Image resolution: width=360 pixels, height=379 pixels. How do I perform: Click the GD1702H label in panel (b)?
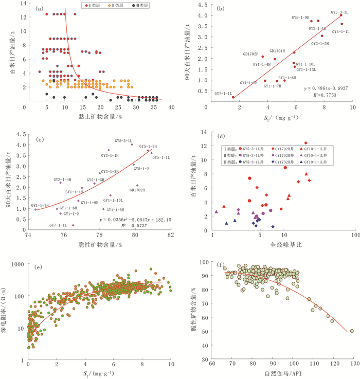[x=251, y=53]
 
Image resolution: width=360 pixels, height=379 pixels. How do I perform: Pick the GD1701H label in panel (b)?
[x=277, y=51]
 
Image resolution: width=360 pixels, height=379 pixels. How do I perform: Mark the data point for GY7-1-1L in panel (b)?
[x=232, y=97]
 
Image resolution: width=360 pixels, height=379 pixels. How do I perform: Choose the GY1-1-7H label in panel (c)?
[x=40, y=205]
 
